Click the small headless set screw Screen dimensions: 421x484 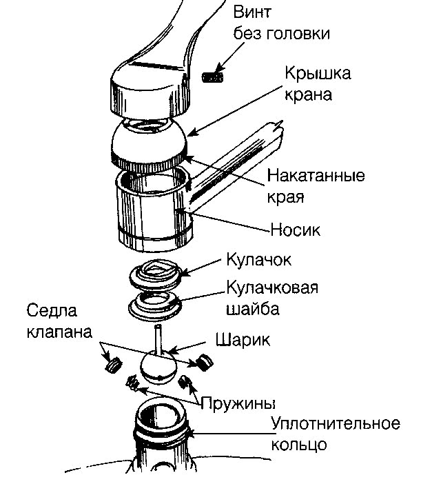212,77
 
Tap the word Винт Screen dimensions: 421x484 252,12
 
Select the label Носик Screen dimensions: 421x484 296,230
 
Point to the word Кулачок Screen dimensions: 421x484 258,260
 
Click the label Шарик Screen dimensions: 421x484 243,340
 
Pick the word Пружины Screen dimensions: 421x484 238,403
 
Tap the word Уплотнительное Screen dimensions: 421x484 336,423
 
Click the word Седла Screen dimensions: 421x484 52,310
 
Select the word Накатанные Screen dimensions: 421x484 316,175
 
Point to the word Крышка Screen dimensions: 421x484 318,74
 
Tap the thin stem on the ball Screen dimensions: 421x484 158,339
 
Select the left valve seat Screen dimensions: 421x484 114,365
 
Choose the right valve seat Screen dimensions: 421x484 204,362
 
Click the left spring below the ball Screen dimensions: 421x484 132,383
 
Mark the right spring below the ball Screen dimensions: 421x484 184,382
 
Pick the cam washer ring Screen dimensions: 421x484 155,305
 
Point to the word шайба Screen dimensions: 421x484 253,309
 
